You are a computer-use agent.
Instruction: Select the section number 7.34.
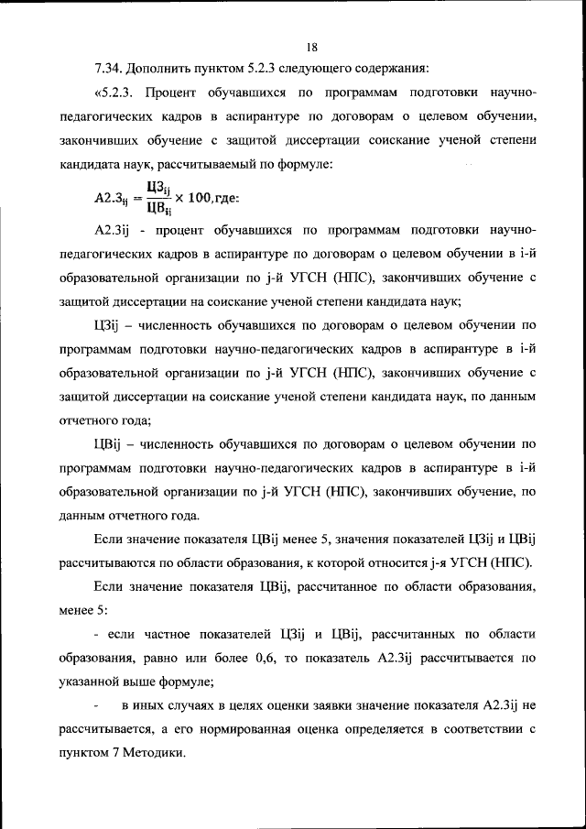[110, 70]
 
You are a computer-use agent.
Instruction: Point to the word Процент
[172, 94]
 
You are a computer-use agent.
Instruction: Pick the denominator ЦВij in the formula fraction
[159, 207]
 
